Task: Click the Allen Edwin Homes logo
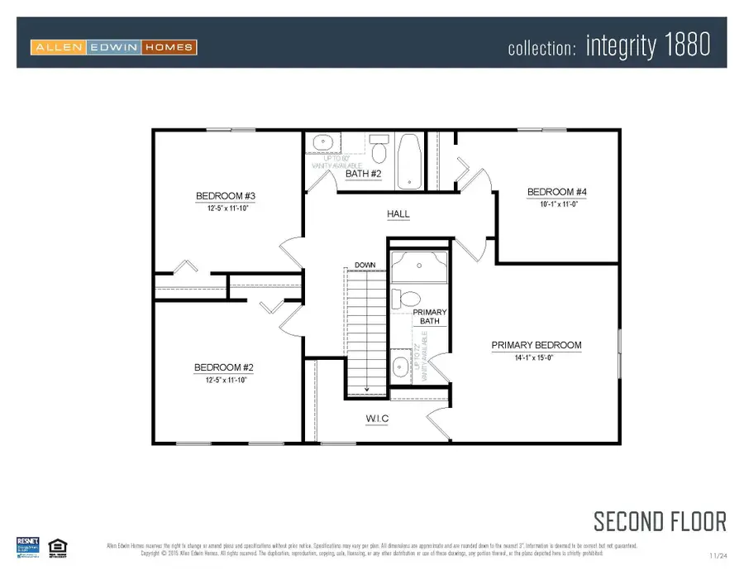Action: pos(113,47)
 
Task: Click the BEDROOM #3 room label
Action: pos(225,196)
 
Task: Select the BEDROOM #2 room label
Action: pos(223,368)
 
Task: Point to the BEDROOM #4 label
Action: pos(556,193)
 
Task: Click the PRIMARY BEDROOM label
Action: pos(537,345)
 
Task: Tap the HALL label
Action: pos(398,214)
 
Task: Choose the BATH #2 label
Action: pos(363,174)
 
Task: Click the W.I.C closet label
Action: pos(377,419)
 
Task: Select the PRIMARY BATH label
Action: pos(430,316)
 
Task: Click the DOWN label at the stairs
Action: pos(365,266)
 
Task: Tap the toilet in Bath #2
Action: pos(379,150)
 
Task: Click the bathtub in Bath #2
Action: pos(408,159)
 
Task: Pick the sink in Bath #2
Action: pos(322,143)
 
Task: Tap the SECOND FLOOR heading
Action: pos(660,521)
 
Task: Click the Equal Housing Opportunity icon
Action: pos(57,545)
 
